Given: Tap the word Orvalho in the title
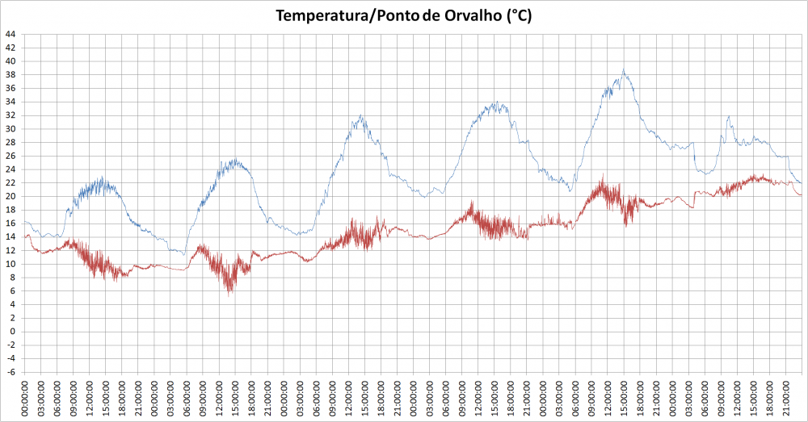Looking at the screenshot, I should point(472,15).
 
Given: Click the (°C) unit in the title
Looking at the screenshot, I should point(517,15).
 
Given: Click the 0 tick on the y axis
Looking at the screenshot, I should point(12,332).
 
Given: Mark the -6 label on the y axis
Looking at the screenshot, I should point(10,372).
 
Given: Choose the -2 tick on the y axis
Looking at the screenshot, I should point(10,345).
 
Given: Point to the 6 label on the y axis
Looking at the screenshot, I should point(12,291).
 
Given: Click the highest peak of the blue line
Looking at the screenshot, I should point(623,69).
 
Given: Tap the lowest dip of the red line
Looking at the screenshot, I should point(230,295).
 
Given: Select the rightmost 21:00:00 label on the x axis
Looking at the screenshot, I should point(785,397).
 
